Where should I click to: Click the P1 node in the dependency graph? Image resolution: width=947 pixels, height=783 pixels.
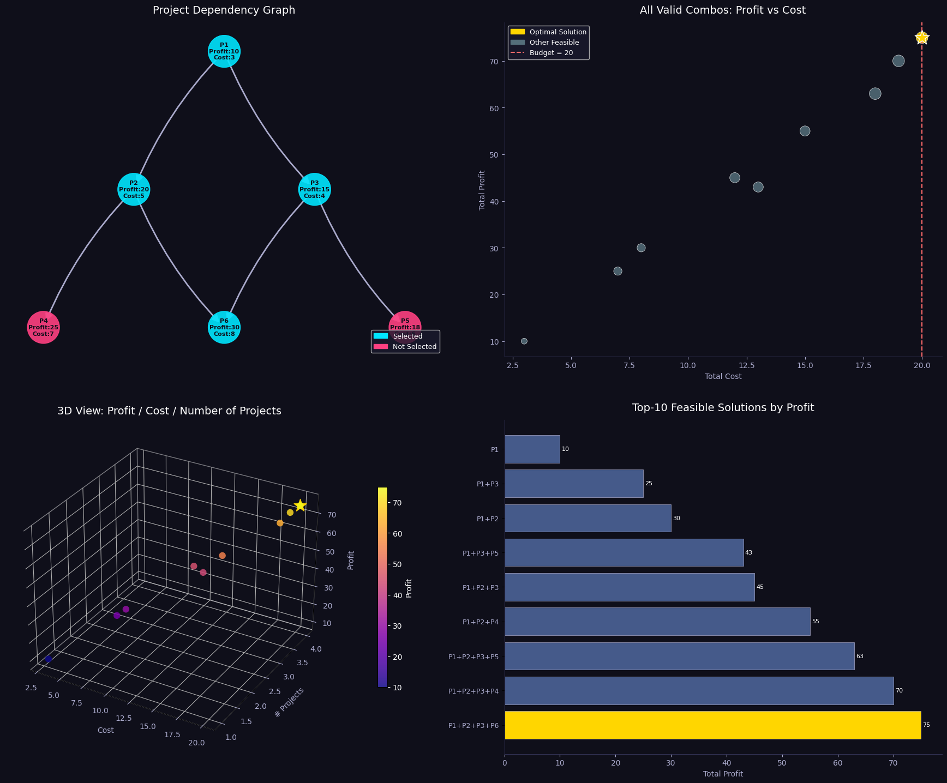coord(224,51)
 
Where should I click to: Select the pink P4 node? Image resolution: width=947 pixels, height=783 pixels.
coord(43,328)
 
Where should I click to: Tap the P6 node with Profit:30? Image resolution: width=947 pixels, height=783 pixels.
coord(224,328)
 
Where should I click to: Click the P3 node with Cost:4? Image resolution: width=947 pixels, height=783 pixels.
coord(314,189)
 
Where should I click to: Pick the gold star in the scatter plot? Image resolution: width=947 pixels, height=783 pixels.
coord(921,38)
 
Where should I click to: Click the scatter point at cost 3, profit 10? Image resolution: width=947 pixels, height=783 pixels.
coord(524,341)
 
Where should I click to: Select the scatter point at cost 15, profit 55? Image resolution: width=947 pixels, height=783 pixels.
coord(805,131)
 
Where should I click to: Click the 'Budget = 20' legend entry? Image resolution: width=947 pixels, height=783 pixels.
coord(551,53)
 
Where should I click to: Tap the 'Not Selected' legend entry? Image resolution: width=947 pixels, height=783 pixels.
coord(414,347)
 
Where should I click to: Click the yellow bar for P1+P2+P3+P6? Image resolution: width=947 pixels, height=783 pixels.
coord(712,725)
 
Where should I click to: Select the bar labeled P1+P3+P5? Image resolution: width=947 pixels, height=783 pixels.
coord(624,553)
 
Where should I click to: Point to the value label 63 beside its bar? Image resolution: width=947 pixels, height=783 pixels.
coord(860,656)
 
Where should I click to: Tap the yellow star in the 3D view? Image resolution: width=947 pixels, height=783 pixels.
coord(299,505)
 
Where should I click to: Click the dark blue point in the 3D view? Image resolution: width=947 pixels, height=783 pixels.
coord(49,659)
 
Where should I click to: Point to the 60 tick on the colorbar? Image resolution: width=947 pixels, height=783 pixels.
coord(398,534)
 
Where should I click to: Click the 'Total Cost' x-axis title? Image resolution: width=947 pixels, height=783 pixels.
coord(723,376)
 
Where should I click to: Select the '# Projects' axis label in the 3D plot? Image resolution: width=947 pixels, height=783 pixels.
coord(289,702)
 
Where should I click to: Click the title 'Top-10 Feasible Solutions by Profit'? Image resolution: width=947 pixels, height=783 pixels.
coord(723,408)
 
